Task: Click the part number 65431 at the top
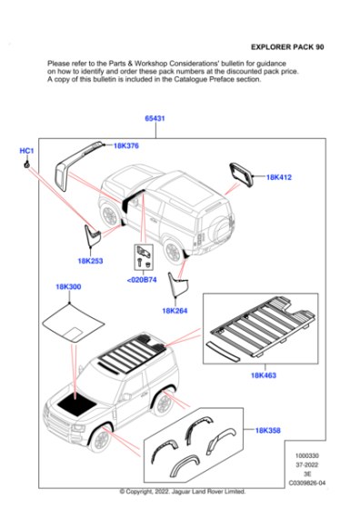(155, 118)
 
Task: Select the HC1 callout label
(26, 151)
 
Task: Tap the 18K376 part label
(126, 145)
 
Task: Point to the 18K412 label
(279, 177)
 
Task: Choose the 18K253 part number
(90, 261)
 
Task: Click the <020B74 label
(142, 280)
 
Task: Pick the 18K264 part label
(175, 311)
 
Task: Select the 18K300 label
(68, 286)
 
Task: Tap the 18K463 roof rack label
(264, 375)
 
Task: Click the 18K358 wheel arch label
(268, 431)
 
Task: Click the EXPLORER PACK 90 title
(287, 47)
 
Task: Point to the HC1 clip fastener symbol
(26, 165)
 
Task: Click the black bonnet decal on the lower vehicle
(76, 404)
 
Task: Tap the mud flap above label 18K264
(177, 284)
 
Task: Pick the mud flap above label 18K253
(92, 235)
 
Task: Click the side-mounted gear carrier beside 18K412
(242, 175)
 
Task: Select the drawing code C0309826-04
(306, 483)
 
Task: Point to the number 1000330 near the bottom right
(306, 455)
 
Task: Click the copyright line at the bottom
(183, 492)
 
